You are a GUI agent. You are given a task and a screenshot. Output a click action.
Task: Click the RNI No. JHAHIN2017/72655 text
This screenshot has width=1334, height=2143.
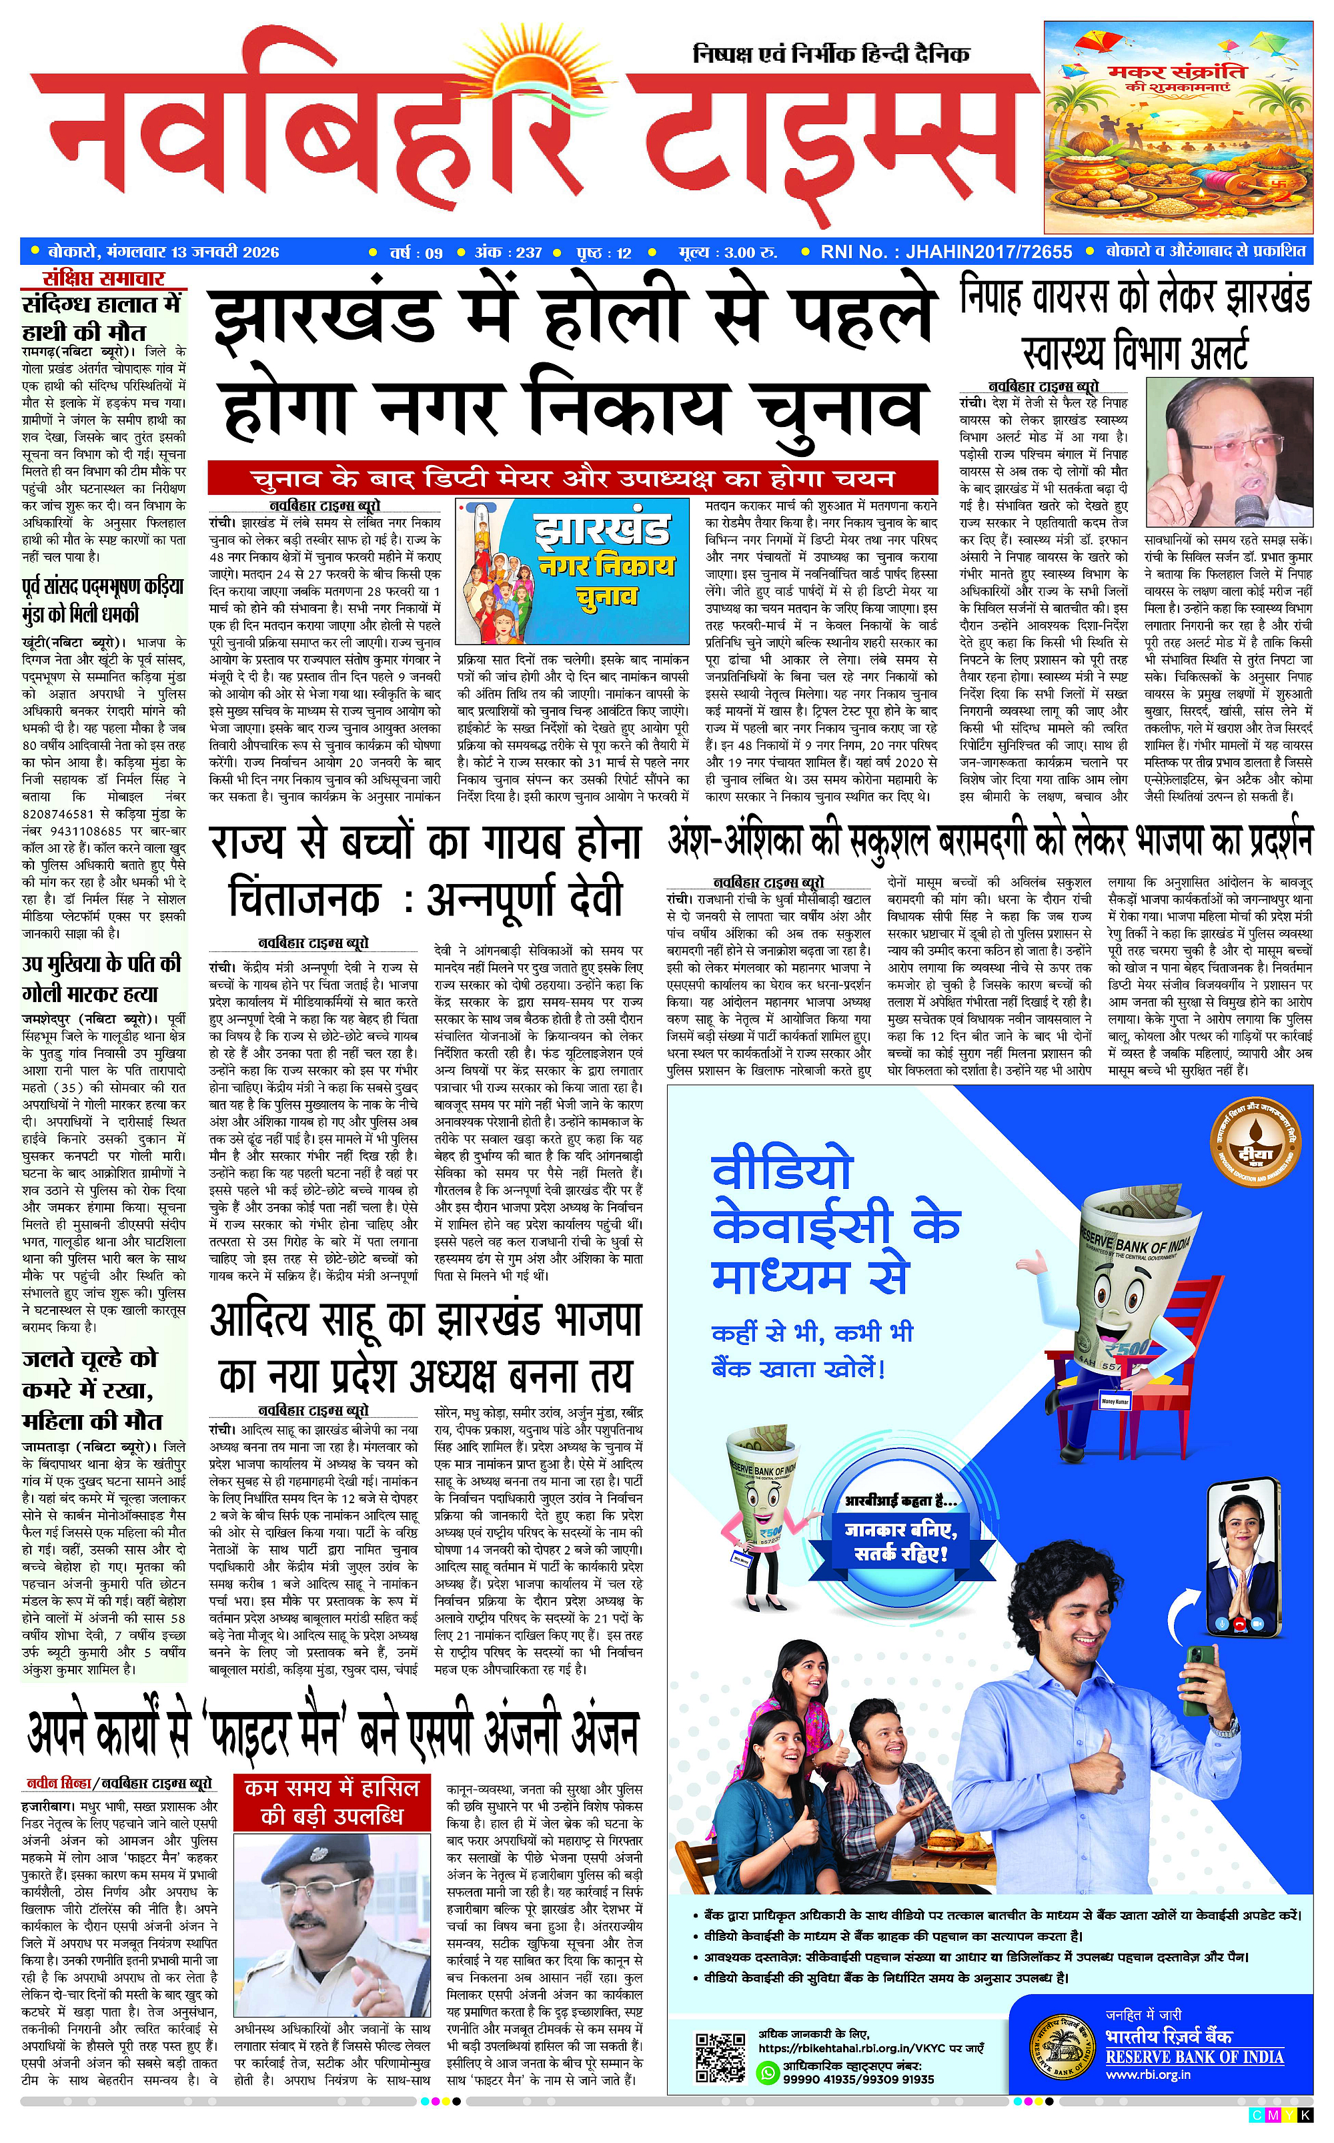[946, 252]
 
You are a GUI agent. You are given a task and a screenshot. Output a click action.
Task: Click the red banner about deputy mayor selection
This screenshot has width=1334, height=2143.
[572, 479]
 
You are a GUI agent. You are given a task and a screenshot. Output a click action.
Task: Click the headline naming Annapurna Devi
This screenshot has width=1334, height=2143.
[426, 870]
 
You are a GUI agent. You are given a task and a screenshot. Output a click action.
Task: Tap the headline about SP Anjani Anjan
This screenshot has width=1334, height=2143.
[333, 1733]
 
